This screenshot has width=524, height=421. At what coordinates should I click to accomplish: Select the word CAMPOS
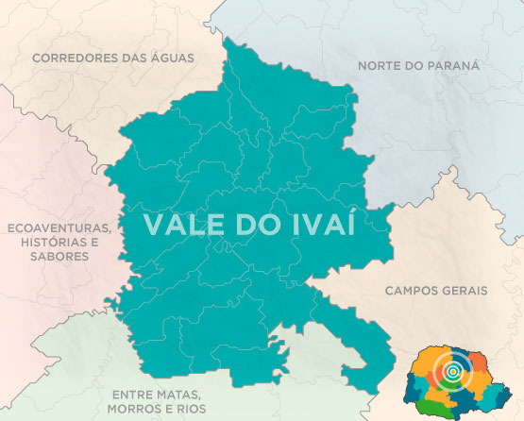click(x=412, y=291)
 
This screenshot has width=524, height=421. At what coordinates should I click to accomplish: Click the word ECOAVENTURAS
click(x=59, y=228)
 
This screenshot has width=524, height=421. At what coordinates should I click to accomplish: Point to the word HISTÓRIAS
click(x=48, y=243)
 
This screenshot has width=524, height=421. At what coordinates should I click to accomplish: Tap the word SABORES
click(x=59, y=257)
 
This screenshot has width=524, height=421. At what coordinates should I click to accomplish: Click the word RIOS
click(x=193, y=408)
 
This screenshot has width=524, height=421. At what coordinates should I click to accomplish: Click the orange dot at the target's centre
click(x=454, y=372)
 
